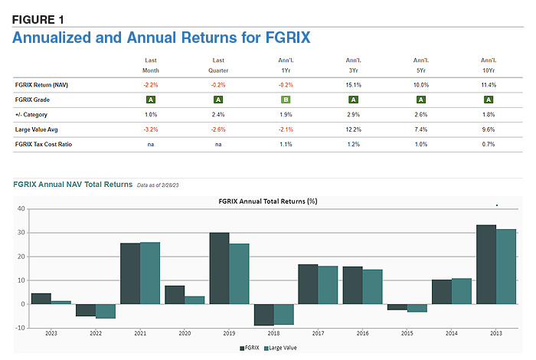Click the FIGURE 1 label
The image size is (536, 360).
(x=38, y=18)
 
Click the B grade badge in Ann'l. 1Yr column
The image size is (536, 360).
(x=286, y=100)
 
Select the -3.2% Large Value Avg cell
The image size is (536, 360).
(x=151, y=129)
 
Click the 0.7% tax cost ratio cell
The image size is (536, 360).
(x=488, y=143)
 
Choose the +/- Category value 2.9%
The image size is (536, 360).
(x=353, y=114)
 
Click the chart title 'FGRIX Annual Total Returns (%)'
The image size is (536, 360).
(x=267, y=201)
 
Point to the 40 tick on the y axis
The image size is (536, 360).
(x=21, y=209)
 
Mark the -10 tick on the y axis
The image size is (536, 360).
(x=20, y=328)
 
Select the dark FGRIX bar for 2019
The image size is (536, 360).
(x=219, y=268)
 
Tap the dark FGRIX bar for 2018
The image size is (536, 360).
(x=264, y=315)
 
